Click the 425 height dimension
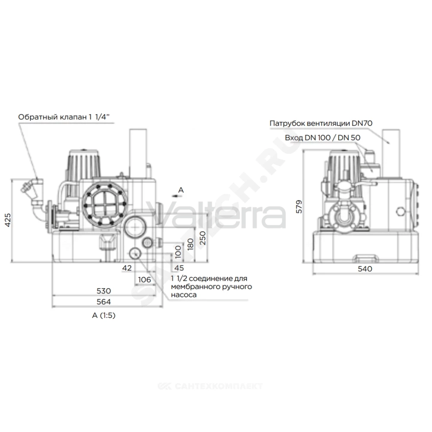click(x=8, y=220)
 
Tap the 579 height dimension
click(x=299, y=206)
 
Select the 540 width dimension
click(x=365, y=269)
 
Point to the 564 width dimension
click(x=104, y=302)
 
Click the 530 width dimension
click(x=104, y=291)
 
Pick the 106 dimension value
click(x=144, y=280)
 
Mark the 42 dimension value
click(x=127, y=268)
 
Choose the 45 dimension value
click(x=179, y=268)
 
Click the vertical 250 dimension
click(x=203, y=238)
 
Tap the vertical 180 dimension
click(x=191, y=244)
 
